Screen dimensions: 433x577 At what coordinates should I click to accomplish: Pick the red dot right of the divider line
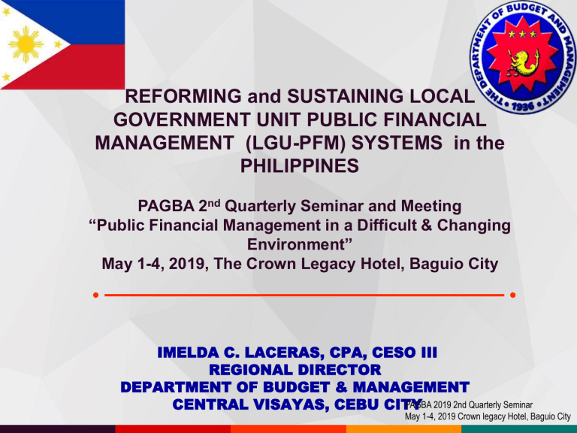[x=512, y=295]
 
